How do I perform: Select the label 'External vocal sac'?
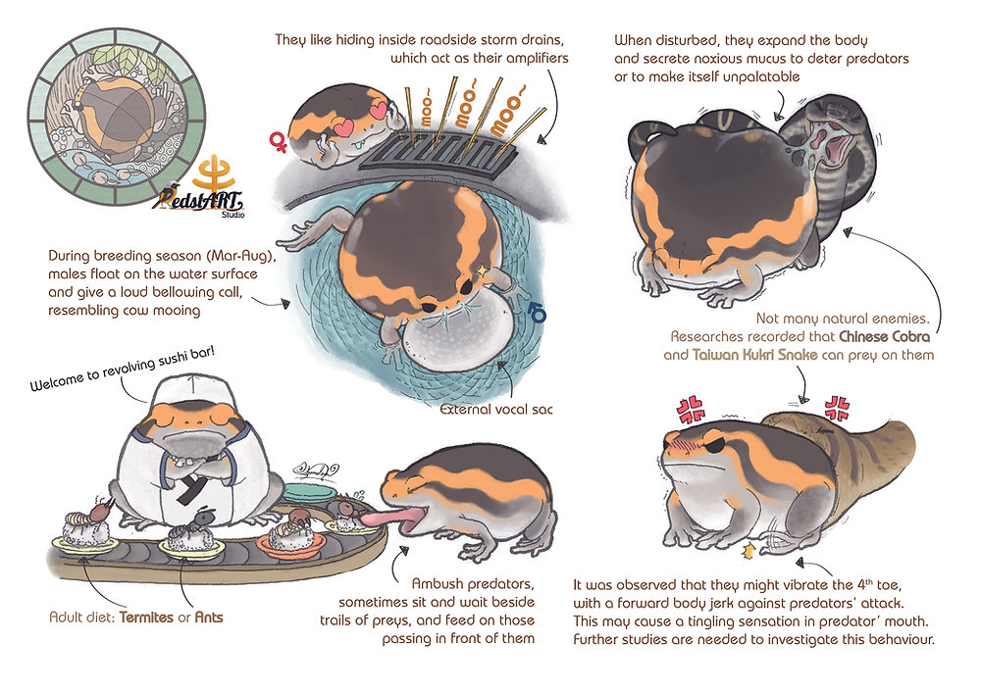pyautogui.click(x=497, y=409)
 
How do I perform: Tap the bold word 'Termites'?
pyautogui.click(x=152, y=619)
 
